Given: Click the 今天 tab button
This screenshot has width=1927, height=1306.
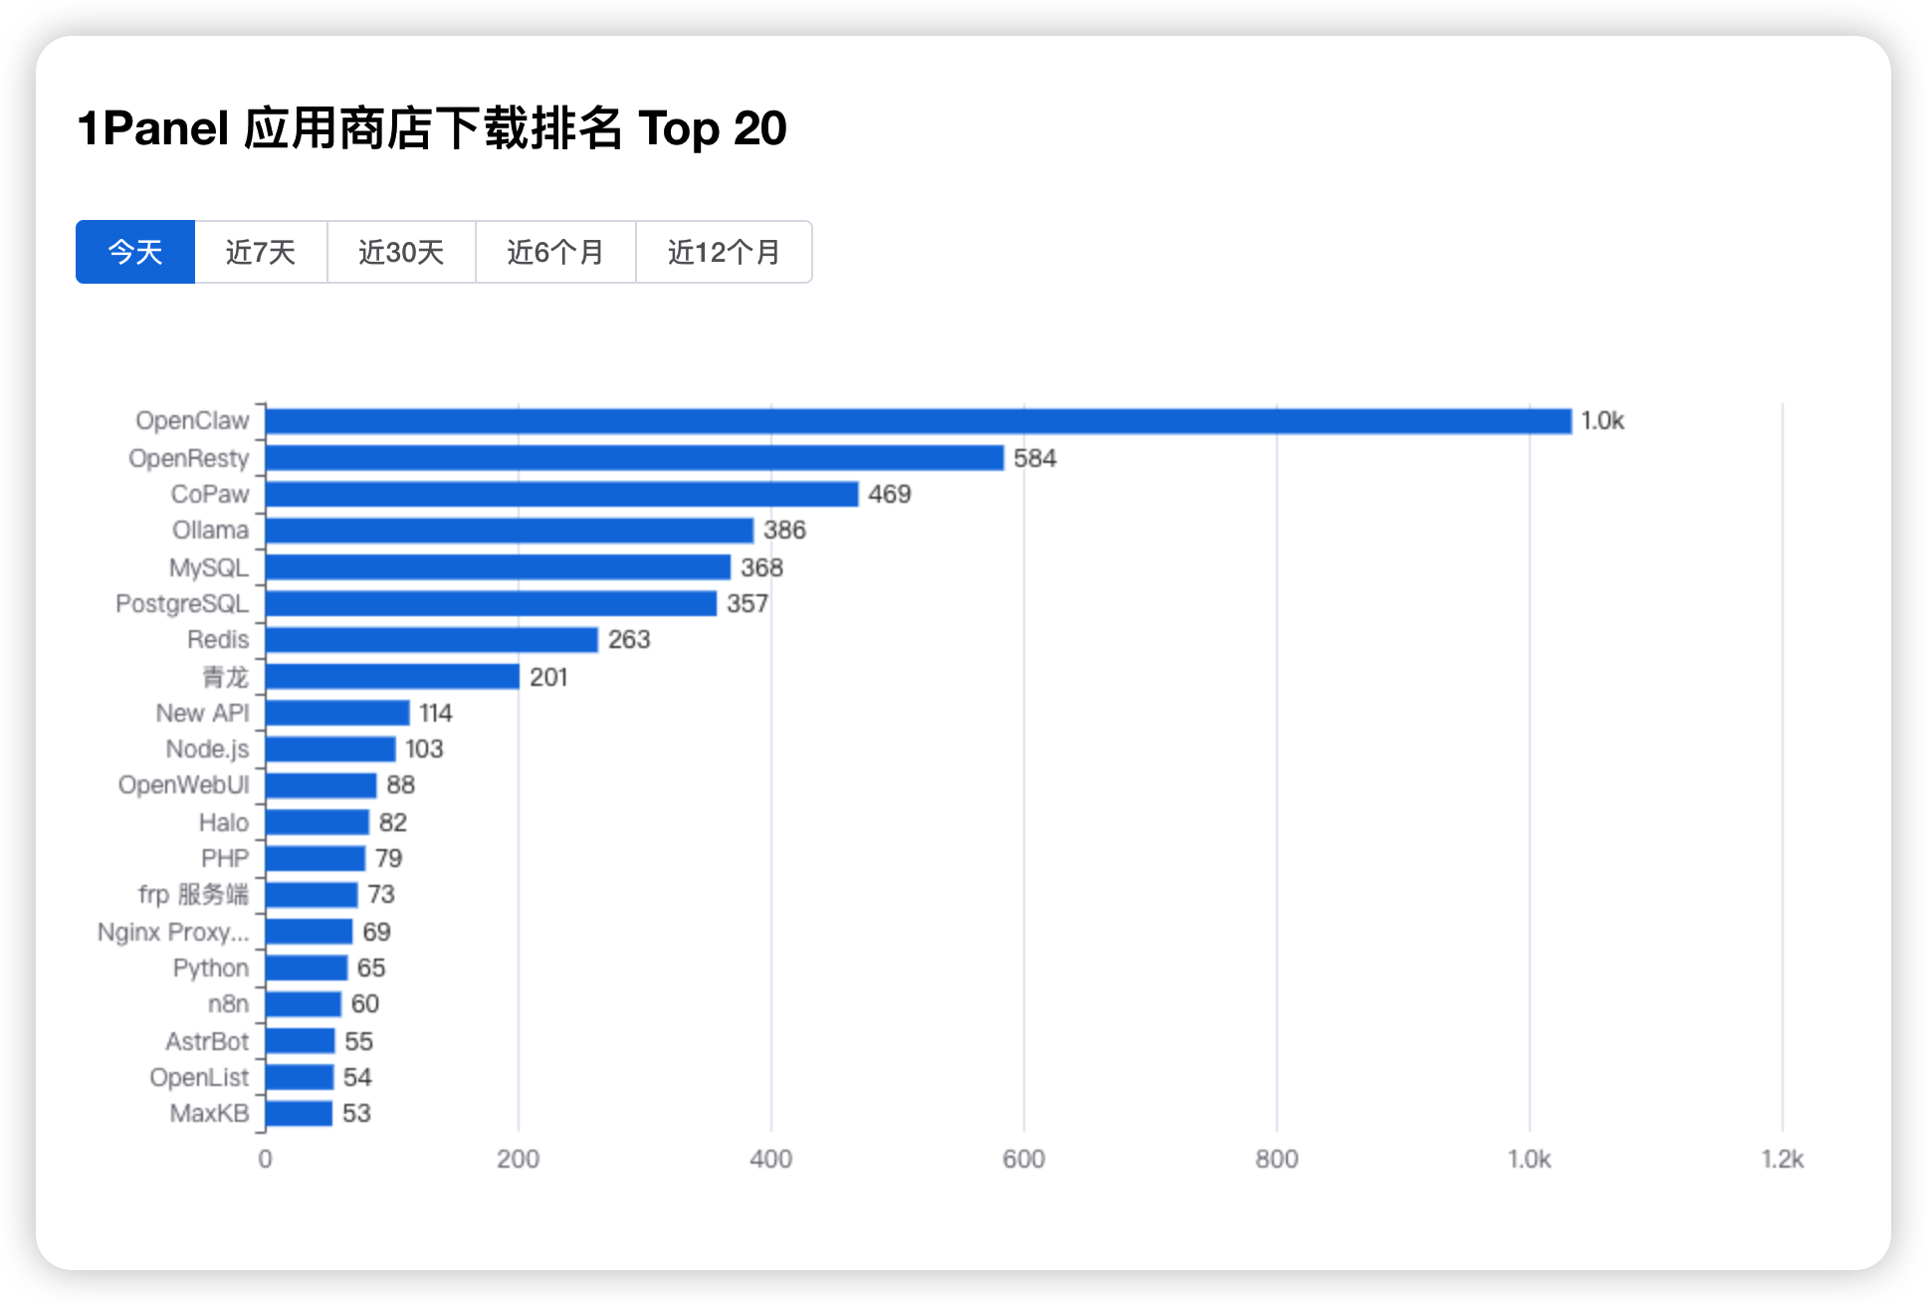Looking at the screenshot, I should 135,252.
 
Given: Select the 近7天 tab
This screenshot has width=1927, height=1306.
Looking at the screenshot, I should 261,252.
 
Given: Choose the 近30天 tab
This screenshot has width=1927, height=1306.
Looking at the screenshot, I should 401,252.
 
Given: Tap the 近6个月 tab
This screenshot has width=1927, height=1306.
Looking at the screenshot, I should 555,252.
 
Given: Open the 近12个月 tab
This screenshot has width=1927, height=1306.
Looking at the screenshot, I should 724,252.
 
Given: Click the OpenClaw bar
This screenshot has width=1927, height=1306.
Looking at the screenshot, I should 918,421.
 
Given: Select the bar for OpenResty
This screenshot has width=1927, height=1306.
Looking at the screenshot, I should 634,458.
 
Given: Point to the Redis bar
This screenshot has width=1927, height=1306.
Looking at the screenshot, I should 431,639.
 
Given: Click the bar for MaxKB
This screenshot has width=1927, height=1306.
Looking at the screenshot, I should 299,1113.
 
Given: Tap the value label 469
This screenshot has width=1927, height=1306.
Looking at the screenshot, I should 889,495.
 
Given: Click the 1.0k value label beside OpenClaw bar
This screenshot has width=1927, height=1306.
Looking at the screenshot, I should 1602,421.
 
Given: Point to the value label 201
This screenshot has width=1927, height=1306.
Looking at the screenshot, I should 548,677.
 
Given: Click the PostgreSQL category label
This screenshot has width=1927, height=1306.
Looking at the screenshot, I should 182,603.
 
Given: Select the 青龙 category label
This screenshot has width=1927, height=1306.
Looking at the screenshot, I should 225,677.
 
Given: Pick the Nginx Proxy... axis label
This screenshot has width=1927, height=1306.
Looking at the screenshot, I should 173,932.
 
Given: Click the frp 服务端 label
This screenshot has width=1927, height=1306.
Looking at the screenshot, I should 193,894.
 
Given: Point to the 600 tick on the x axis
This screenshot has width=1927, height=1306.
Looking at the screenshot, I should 1023,1159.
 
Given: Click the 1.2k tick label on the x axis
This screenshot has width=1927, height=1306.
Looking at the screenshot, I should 1782,1159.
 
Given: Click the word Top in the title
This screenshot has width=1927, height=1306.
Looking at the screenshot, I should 678,129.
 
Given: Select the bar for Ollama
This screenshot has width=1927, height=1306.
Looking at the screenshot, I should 509,531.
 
